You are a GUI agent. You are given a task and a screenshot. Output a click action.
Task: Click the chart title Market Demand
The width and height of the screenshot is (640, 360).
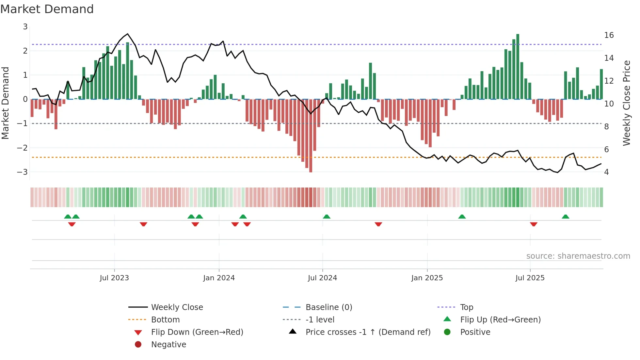point(47,9)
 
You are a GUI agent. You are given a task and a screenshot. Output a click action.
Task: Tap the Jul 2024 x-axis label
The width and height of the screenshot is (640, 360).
point(322,278)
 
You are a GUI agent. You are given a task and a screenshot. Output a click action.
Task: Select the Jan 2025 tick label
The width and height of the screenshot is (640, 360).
point(427,278)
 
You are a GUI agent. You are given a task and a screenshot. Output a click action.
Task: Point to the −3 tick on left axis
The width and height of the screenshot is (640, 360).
point(23,172)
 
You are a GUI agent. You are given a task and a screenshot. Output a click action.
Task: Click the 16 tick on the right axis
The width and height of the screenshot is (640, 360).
point(609,35)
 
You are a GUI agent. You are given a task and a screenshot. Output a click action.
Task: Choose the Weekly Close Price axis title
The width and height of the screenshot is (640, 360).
point(626,103)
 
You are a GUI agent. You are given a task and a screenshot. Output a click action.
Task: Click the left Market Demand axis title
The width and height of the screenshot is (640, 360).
point(6,103)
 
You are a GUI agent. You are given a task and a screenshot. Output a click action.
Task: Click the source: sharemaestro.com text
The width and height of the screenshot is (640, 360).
point(578,256)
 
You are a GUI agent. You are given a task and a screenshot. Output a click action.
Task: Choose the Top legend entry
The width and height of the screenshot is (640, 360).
point(466,307)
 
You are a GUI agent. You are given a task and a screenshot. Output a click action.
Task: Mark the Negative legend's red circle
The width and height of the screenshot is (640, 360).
point(138,345)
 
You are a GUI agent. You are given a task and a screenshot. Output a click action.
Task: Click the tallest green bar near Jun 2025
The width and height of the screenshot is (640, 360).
point(518,65)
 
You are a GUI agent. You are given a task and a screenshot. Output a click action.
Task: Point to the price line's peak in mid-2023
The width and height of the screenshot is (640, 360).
point(128,34)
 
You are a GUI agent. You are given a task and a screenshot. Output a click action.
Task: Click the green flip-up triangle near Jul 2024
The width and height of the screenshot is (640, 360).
point(327,217)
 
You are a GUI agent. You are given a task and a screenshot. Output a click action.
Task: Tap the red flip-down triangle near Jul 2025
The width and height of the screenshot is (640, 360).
point(534,224)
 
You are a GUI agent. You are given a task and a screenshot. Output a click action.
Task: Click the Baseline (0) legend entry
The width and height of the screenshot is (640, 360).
point(328,307)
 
